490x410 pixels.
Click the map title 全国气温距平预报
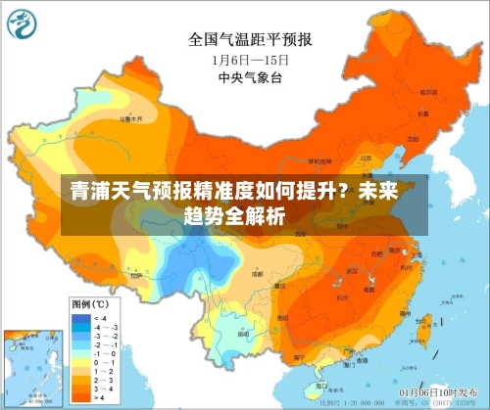click(250, 40)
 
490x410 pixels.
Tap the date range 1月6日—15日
click(250, 59)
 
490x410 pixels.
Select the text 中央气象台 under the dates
click(250, 76)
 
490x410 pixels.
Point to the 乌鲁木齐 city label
click(130, 116)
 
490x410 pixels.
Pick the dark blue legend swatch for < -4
click(78, 318)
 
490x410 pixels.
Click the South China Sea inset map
click(29, 366)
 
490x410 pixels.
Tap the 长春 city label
click(424, 114)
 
